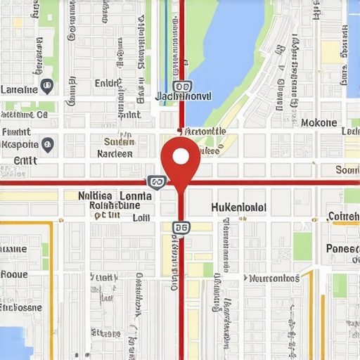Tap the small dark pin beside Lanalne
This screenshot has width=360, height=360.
click(x=47, y=86)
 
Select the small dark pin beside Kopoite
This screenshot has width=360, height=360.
click(x=47, y=145)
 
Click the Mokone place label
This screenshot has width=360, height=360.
click(x=319, y=122)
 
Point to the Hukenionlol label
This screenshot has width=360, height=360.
click(x=238, y=207)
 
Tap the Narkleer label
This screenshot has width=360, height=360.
click(x=115, y=153)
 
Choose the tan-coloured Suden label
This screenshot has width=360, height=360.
click(x=118, y=141)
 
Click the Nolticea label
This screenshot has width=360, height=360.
click(x=95, y=196)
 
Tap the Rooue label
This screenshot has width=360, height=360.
click(x=14, y=275)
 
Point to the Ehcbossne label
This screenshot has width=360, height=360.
click(x=20, y=307)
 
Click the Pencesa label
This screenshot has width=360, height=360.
click(x=342, y=249)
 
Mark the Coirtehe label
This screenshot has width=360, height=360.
click(x=344, y=217)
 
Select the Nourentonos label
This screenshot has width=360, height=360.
click(x=274, y=278)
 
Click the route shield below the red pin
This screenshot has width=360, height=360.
click(x=181, y=227)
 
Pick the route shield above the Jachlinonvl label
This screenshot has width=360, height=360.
click(x=181, y=86)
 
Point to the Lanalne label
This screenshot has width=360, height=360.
click(x=20, y=89)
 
